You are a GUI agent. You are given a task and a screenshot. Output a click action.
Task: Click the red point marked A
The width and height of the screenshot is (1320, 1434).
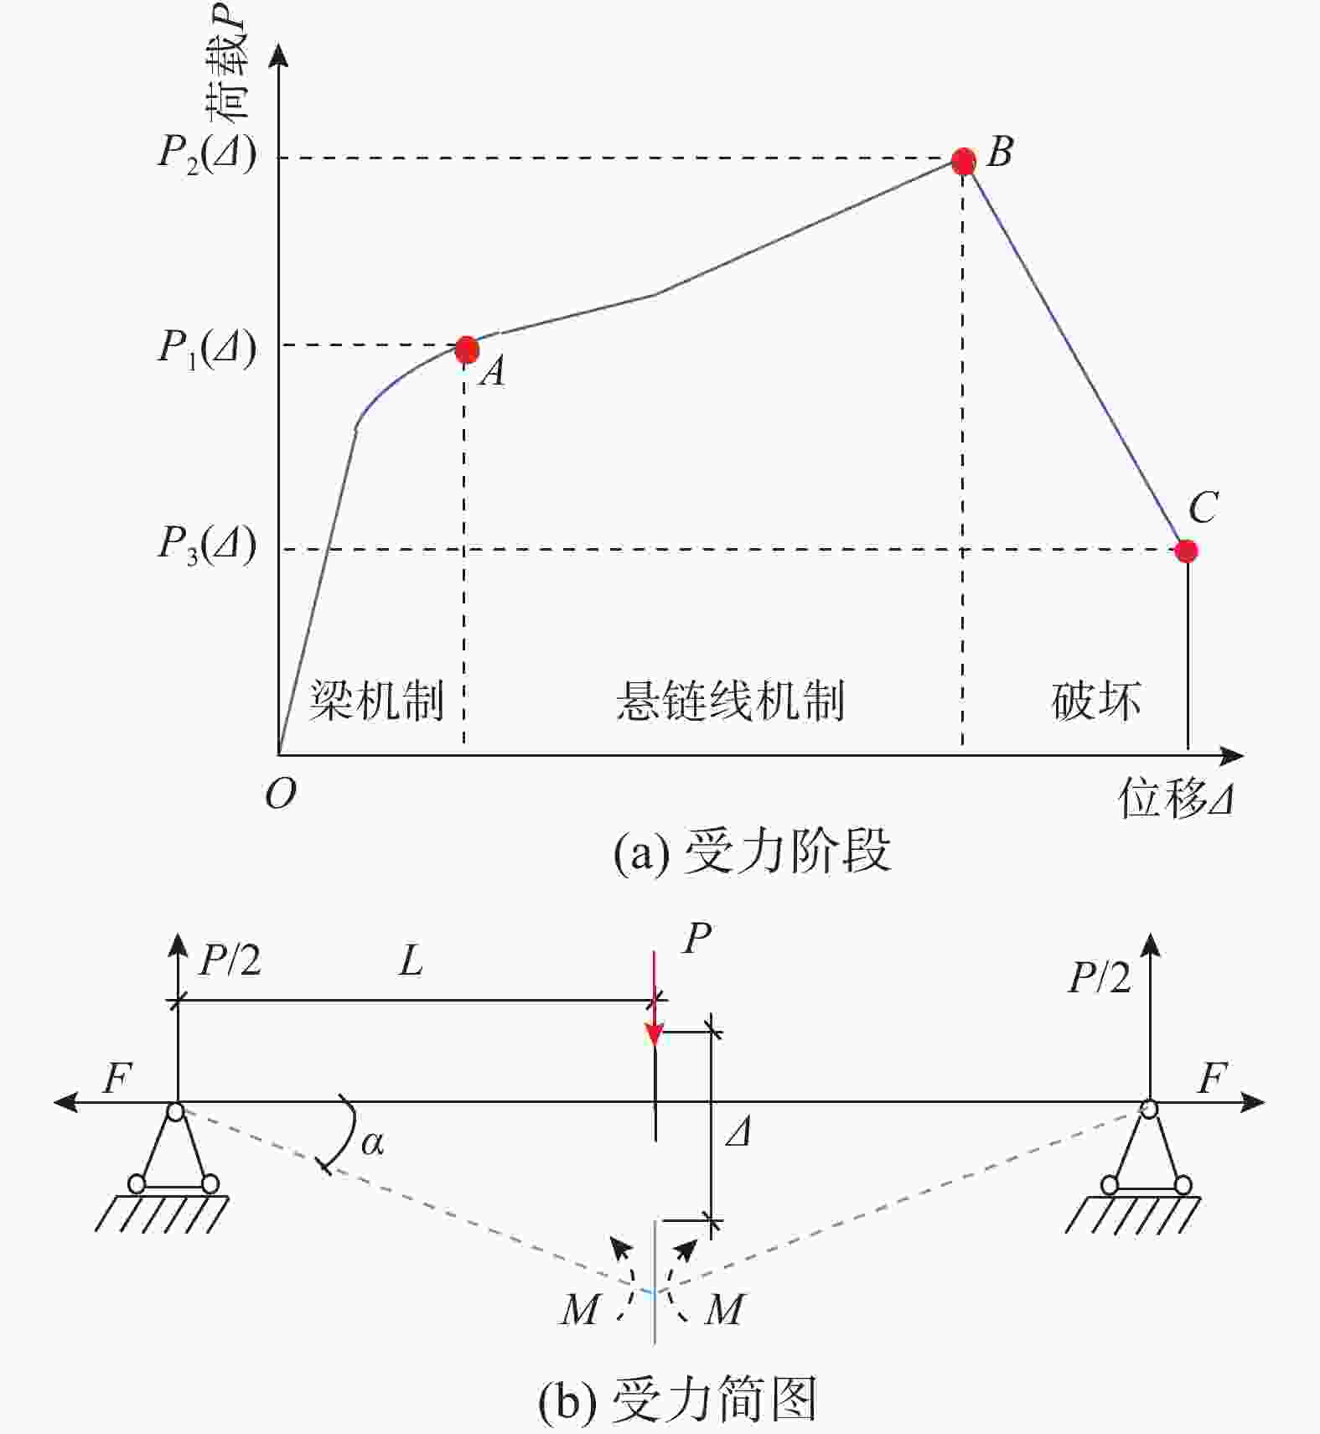coord(467,349)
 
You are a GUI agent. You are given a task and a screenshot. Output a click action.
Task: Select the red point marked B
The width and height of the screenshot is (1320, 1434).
coord(964,161)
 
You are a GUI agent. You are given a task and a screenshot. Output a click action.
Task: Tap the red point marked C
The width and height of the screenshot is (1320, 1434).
coord(1186,551)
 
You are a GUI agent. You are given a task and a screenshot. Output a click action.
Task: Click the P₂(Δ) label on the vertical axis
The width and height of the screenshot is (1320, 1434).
coord(207,154)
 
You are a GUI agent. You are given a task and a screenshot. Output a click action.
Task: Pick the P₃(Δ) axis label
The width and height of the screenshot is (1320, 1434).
coord(207,545)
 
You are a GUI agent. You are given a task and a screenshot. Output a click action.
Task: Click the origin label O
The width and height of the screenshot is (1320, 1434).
coord(280,793)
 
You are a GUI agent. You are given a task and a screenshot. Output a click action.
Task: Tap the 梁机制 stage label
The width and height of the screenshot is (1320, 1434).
coord(376,701)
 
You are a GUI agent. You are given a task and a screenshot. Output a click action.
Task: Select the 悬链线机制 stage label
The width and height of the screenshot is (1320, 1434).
coord(731,701)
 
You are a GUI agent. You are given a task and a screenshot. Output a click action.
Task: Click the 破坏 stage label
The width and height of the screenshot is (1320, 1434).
coord(1096,701)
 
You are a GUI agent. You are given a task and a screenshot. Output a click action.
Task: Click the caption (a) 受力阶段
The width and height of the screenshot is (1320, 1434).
coord(752,852)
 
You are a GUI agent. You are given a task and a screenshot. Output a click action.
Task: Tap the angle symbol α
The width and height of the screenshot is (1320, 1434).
coord(372,1142)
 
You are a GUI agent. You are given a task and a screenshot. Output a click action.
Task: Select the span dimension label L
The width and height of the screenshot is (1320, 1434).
coord(411,960)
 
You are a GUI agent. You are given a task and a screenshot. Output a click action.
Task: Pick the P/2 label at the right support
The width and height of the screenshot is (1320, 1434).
coord(1100,977)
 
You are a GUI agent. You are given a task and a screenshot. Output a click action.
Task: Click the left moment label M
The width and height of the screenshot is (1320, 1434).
coord(580,1309)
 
